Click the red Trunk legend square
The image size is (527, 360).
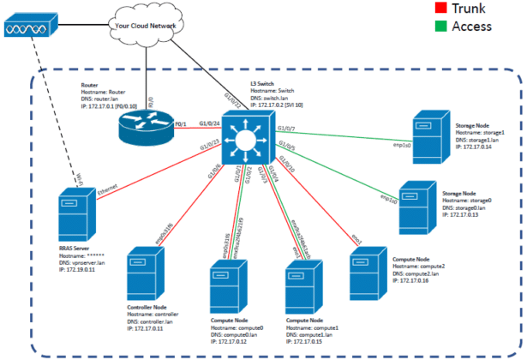[425, 9]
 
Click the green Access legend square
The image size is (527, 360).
[425, 26]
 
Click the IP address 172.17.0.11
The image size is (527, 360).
[148, 328]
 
